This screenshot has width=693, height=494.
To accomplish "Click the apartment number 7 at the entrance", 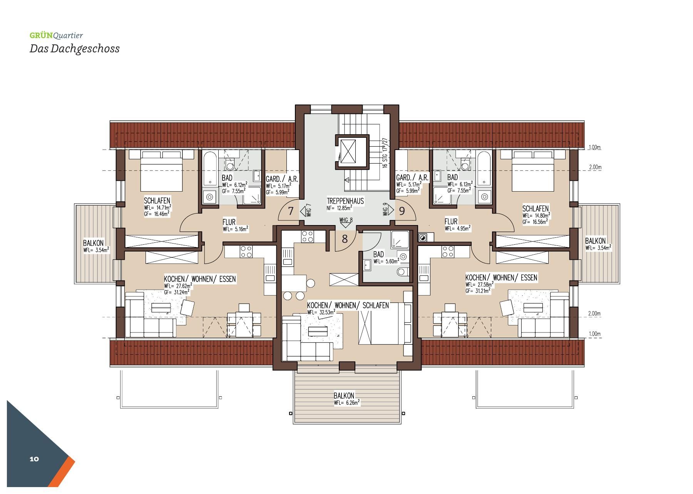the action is [x=291, y=211].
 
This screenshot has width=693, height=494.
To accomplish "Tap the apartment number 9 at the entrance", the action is [x=402, y=211].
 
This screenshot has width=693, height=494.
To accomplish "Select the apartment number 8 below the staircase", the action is [x=345, y=239].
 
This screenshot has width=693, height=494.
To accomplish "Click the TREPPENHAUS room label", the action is [x=345, y=201].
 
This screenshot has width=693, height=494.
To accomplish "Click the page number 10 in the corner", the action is [x=34, y=459].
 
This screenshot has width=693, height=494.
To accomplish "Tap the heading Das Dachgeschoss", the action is [x=75, y=49].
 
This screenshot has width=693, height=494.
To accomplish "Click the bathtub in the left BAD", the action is [x=210, y=169].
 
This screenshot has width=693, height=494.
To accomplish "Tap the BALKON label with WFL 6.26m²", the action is [x=344, y=396].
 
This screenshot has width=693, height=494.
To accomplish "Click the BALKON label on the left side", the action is [x=94, y=243].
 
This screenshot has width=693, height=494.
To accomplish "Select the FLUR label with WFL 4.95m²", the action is [x=451, y=222].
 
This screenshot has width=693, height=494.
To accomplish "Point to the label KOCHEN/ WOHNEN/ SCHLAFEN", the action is [x=348, y=305].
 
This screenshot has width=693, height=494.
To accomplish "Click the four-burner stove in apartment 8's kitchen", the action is [x=308, y=236].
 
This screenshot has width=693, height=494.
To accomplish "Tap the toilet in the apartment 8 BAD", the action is [x=402, y=272].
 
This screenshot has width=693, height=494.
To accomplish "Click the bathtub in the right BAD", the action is [x=484, y=169].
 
